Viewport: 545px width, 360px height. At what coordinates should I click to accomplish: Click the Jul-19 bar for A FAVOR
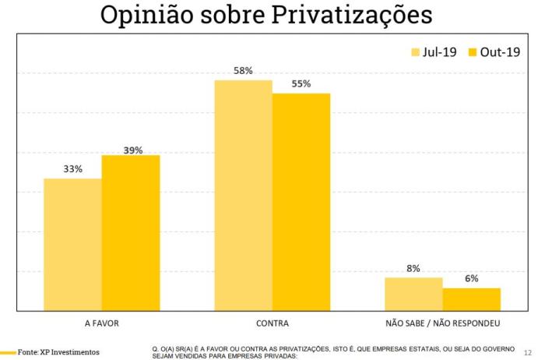click(72, 245)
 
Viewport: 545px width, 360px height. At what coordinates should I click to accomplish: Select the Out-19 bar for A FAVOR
click(130, 233)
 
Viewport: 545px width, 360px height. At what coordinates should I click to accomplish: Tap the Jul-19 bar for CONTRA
click(243, 195)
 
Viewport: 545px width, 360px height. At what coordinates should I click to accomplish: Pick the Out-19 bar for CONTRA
click(301, 202)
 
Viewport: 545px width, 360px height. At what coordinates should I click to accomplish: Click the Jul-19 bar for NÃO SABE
click(413, 294)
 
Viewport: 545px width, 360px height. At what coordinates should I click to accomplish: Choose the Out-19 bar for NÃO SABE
click(471, 299)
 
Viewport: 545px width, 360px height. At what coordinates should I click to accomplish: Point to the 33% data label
click(72, 169)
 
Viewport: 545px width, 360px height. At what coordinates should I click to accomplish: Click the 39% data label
click(132, 150)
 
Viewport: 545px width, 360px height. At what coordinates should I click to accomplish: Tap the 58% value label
click(243, 71)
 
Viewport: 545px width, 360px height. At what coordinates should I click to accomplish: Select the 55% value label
click(301, 84)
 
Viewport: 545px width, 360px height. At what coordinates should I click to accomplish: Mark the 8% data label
click(413, 268)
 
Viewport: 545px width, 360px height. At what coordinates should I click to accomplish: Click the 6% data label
click(471, 278)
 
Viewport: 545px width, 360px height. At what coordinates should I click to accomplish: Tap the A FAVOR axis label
click(101, 322)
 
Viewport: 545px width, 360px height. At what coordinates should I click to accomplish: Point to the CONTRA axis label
click(272, 322)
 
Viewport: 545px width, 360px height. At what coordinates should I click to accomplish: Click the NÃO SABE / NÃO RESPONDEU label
click(442, 322)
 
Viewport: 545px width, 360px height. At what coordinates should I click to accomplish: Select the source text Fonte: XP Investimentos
click(58, 352)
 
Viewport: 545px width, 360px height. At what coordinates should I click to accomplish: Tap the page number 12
click(529, 351)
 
